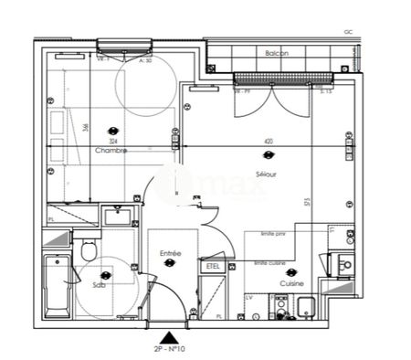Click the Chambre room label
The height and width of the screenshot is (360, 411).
(110, 151)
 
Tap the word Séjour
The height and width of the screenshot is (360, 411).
(268, 174)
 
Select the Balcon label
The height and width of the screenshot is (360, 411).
(278, 54)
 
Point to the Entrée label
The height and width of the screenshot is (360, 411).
(170, 253)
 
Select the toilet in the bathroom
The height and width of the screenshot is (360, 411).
(90, 249)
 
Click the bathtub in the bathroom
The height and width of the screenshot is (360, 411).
(54, 285)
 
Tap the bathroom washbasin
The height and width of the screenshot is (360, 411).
(118, 217)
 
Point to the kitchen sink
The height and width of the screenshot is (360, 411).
(344, 266)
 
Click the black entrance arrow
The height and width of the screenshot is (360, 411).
(165, 336)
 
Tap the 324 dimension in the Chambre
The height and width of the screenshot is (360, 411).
(111, 142)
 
